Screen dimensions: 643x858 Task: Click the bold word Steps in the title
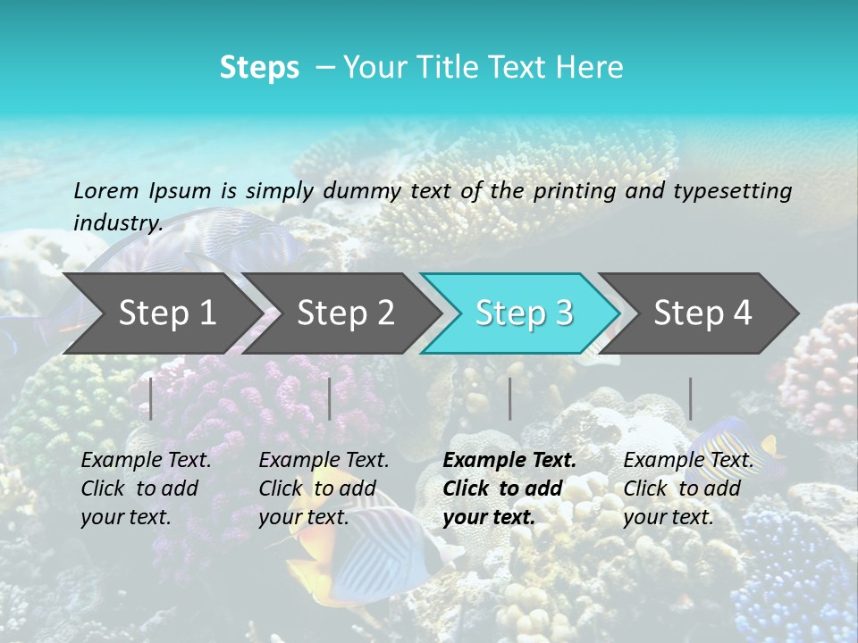[x=259, y=68]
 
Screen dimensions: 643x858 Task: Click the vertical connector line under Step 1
[x=151, y=398]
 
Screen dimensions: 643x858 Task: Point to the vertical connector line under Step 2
[x=330, y=398]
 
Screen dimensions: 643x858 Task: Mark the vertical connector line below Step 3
[x=509, y=398]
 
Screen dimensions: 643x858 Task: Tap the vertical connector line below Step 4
[x=690, y=398]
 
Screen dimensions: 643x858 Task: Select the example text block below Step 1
[x=146, y=489]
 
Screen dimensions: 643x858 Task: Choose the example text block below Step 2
[x=324, y=489]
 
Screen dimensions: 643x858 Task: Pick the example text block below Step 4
[x=688, y=489]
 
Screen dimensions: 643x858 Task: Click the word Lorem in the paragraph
[x=105, y=190]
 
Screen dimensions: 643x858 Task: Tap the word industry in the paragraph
[x=117, y=223]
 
